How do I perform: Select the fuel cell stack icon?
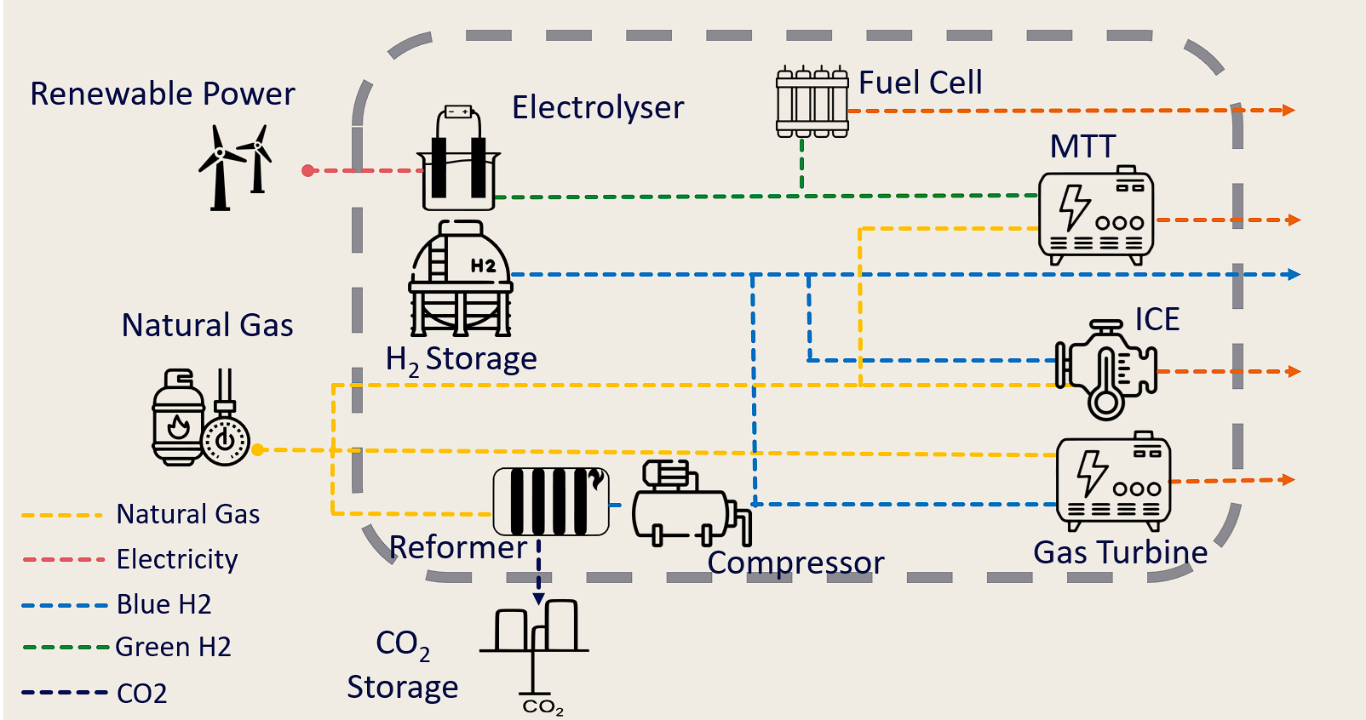tap(812, 102)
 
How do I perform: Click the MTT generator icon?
tap(1096, 214)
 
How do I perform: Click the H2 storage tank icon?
tap(461, 279)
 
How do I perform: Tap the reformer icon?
tap(551, 501)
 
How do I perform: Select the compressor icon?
tap(691, 504)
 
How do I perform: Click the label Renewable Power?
tap(163, 94)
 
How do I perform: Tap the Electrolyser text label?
tap(598, 108)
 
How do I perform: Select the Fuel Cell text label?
tap(921, 83)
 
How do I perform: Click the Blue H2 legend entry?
tap(164, 604)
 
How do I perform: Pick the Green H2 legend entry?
tap(173, 647)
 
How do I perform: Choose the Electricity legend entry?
tap(177, 559)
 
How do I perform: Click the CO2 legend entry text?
tap(142, 694)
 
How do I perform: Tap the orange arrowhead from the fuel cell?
tap(1289, 110)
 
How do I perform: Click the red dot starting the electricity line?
tap(308, 171)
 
